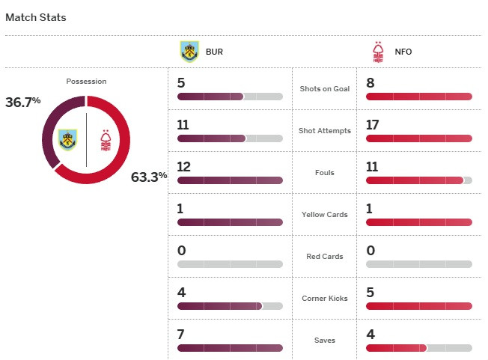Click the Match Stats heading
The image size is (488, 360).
tap(36, 17)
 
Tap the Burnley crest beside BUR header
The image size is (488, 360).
tap(189, 52)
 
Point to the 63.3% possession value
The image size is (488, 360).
tap(149, 177)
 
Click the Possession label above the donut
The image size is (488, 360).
tap(86, 82)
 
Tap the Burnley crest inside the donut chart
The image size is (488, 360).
tap(68, 139)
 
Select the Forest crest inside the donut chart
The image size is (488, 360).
tap(106, 140)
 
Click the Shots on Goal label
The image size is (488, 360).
tap(324, 89)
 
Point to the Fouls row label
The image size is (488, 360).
tap(324, 173)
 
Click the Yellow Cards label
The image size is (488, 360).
tap(324, 215)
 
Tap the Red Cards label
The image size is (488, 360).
tap(324, 257)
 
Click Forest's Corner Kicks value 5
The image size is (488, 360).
tap(370, 293)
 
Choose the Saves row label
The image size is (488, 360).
tap(324, 341)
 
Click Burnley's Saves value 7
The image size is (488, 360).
tap(182, 335)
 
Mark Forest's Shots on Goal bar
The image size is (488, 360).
tap(419, 97)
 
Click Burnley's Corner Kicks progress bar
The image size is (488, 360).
tap(230, 306)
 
